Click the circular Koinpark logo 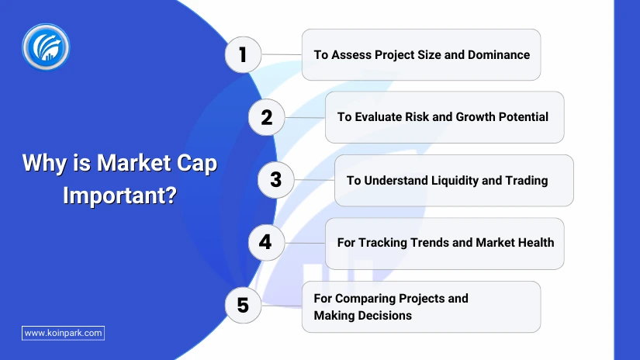46,47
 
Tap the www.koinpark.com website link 64,333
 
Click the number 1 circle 243,54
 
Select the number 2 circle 267,117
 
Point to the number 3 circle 276,180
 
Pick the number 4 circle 267,242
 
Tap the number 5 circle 243,306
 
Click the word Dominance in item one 499,54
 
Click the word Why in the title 44,164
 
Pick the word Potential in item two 524,117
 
